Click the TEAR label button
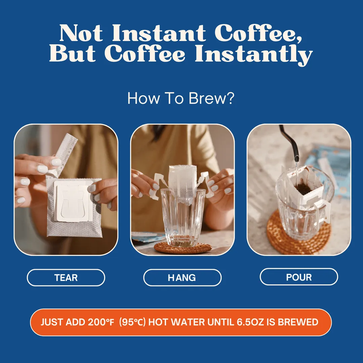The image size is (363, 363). (x=66, y=277)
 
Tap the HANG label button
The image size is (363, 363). (x=182, y=277)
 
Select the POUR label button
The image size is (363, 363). (x=299, y=277)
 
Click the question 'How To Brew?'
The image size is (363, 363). (x=181, y=98)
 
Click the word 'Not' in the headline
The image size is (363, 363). (x=81, y=33)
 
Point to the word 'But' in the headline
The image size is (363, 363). (x=73, y=53)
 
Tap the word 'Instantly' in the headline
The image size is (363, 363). (x=254, y=55)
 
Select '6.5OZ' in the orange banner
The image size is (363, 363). (x=250, y=322)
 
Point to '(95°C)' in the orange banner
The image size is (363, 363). (x=132, y=322)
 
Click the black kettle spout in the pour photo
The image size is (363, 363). (x=290, y=144)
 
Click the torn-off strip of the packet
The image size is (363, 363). (x=66, y=153)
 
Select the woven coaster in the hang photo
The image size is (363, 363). (x=183, y=248)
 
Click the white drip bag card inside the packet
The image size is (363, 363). (x=72, y=201)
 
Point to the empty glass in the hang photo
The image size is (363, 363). (x=183, y=217)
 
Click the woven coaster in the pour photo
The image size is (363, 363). (x=299, y=234)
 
